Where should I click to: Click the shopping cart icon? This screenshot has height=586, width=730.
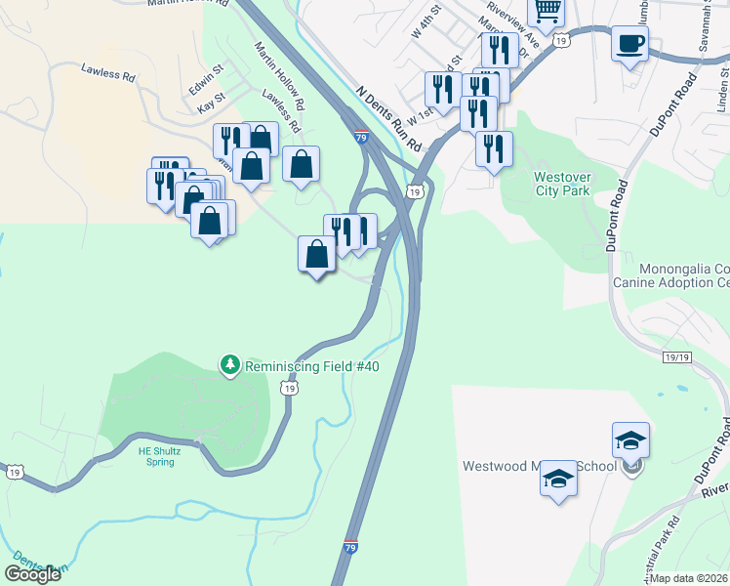click(547, 10)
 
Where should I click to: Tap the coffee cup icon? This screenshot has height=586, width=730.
click(629, 42)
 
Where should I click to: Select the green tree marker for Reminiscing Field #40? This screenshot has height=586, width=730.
click(230, 365)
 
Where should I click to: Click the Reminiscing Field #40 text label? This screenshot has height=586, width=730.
click(311, 366)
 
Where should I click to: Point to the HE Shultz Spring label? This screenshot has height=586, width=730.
click(153, 456)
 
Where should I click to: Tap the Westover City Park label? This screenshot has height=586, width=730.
click(562, 184)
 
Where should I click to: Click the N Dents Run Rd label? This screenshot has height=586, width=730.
click(388, 116)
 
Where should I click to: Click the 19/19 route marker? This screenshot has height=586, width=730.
click(676, 358)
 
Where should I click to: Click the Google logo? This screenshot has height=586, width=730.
click(32, 574)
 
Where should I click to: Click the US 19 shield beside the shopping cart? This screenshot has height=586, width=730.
click(559, 40)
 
